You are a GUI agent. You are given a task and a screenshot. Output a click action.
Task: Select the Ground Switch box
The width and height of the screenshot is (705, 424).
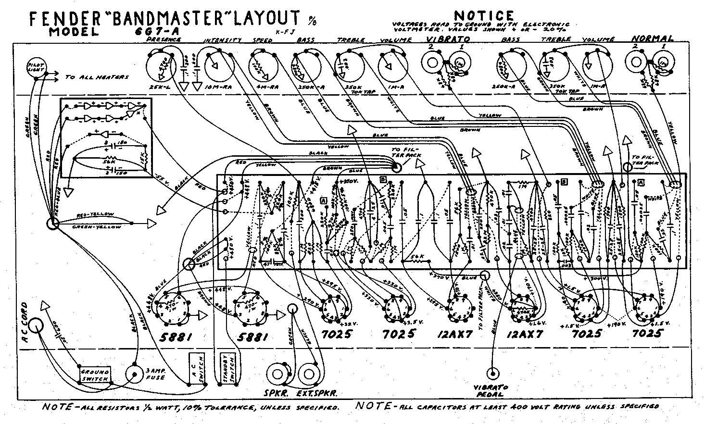pyautogui.click(x=95, y=374)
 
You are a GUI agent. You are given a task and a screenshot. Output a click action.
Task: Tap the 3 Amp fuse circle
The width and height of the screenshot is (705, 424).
pyautogui.click(x=134, y=374)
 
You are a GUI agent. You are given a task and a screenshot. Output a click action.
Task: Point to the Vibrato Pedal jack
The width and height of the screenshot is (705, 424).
pyautogui.click(x=492, y=373)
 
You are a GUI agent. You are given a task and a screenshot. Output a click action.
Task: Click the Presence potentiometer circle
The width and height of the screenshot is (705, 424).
pyautogui.click(x=163, y=70)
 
